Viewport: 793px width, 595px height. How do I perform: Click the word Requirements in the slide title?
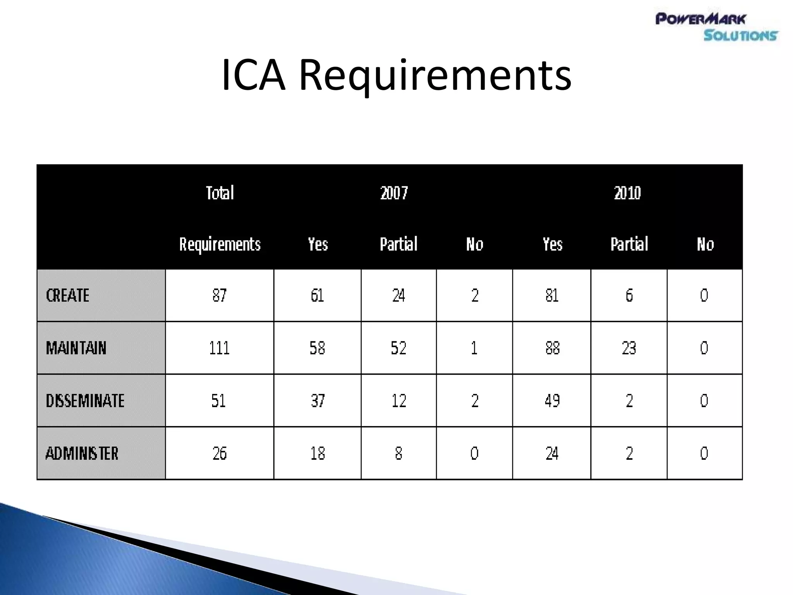pyautogui.click(x=435, y=75)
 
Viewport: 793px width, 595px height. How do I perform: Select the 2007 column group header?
pyautogui.click(x=394, y=193)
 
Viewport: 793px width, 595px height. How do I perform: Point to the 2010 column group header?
pyautogui.click(x=627, y=193)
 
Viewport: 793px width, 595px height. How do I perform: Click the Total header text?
pyautogui.click(x=220, y=193)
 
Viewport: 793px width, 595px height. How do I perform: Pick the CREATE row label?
pyautogui.click(x=68, y=296)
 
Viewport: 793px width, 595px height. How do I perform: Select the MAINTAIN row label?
pyautogui.click(x=76, y=348)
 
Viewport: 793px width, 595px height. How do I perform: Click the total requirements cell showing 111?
pyautogui.click(x=219, y=348)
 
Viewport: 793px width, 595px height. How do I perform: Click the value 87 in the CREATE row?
pyautogui.click(x=219, y=296)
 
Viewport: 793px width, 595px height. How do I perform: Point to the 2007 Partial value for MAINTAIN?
pyautogui.click(x=398, y=348)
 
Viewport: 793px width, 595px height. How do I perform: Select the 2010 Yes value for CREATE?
pyautogui.click(x=552, y=296)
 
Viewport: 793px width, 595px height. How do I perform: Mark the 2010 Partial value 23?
pyautogui.click(x=629, y=348)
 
